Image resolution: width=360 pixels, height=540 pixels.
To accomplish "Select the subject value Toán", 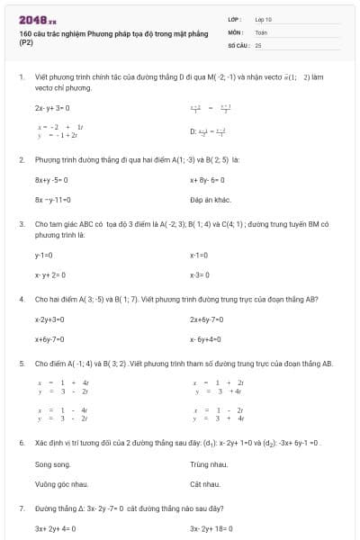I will coord(261,31).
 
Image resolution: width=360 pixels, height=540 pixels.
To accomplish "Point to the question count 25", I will coord(258,43).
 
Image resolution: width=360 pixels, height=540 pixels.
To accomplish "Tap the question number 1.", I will coord(21,77).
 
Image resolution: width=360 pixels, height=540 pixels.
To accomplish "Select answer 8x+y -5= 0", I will coord(52,180).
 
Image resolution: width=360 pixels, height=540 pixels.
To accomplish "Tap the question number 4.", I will coord(21,299).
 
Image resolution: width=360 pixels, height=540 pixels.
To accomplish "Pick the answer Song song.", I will coord(52,465).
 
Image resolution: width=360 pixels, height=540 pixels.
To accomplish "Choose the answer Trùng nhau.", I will coord(206,465).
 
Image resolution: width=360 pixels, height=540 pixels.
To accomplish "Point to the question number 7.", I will coord(21,508).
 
